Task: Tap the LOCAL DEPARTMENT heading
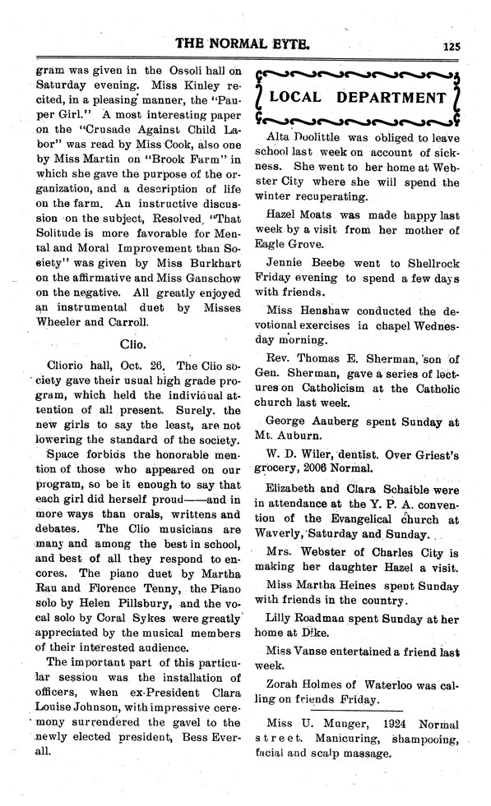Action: point(358,99)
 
